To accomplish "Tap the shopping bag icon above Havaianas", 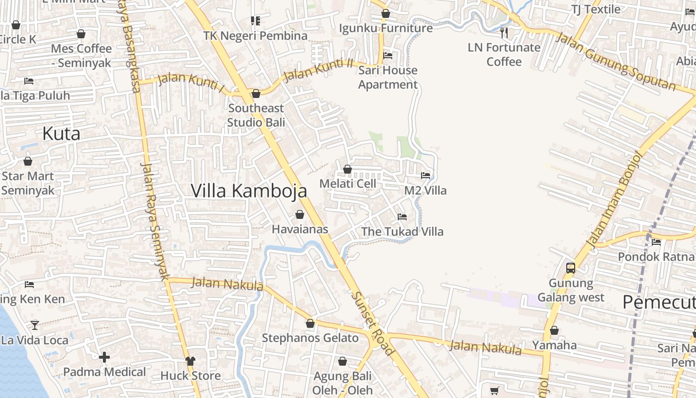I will click(300, 214).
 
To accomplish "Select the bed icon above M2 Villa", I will click(426, 175).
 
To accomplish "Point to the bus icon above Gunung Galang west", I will click(571, 268).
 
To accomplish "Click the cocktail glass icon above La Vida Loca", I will click(34, 325).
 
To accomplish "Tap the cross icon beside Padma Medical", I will click(104, 357).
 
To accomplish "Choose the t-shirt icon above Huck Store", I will click(190, 361).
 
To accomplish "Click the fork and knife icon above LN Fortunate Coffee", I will click(504, 33).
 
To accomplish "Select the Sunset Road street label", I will click(373, 323).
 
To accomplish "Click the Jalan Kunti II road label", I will click(318, 70).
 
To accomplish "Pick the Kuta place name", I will click(61, 133).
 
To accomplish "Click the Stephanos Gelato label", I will click(310, 338).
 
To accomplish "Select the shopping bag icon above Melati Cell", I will click(348, 169).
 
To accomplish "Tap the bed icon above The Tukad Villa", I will click(402, 216).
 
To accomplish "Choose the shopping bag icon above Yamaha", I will click(554, 330).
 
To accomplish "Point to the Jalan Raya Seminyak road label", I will click(155, 221).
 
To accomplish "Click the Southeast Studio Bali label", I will click(256, 115).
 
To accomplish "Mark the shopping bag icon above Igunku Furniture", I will click(385, 13).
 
